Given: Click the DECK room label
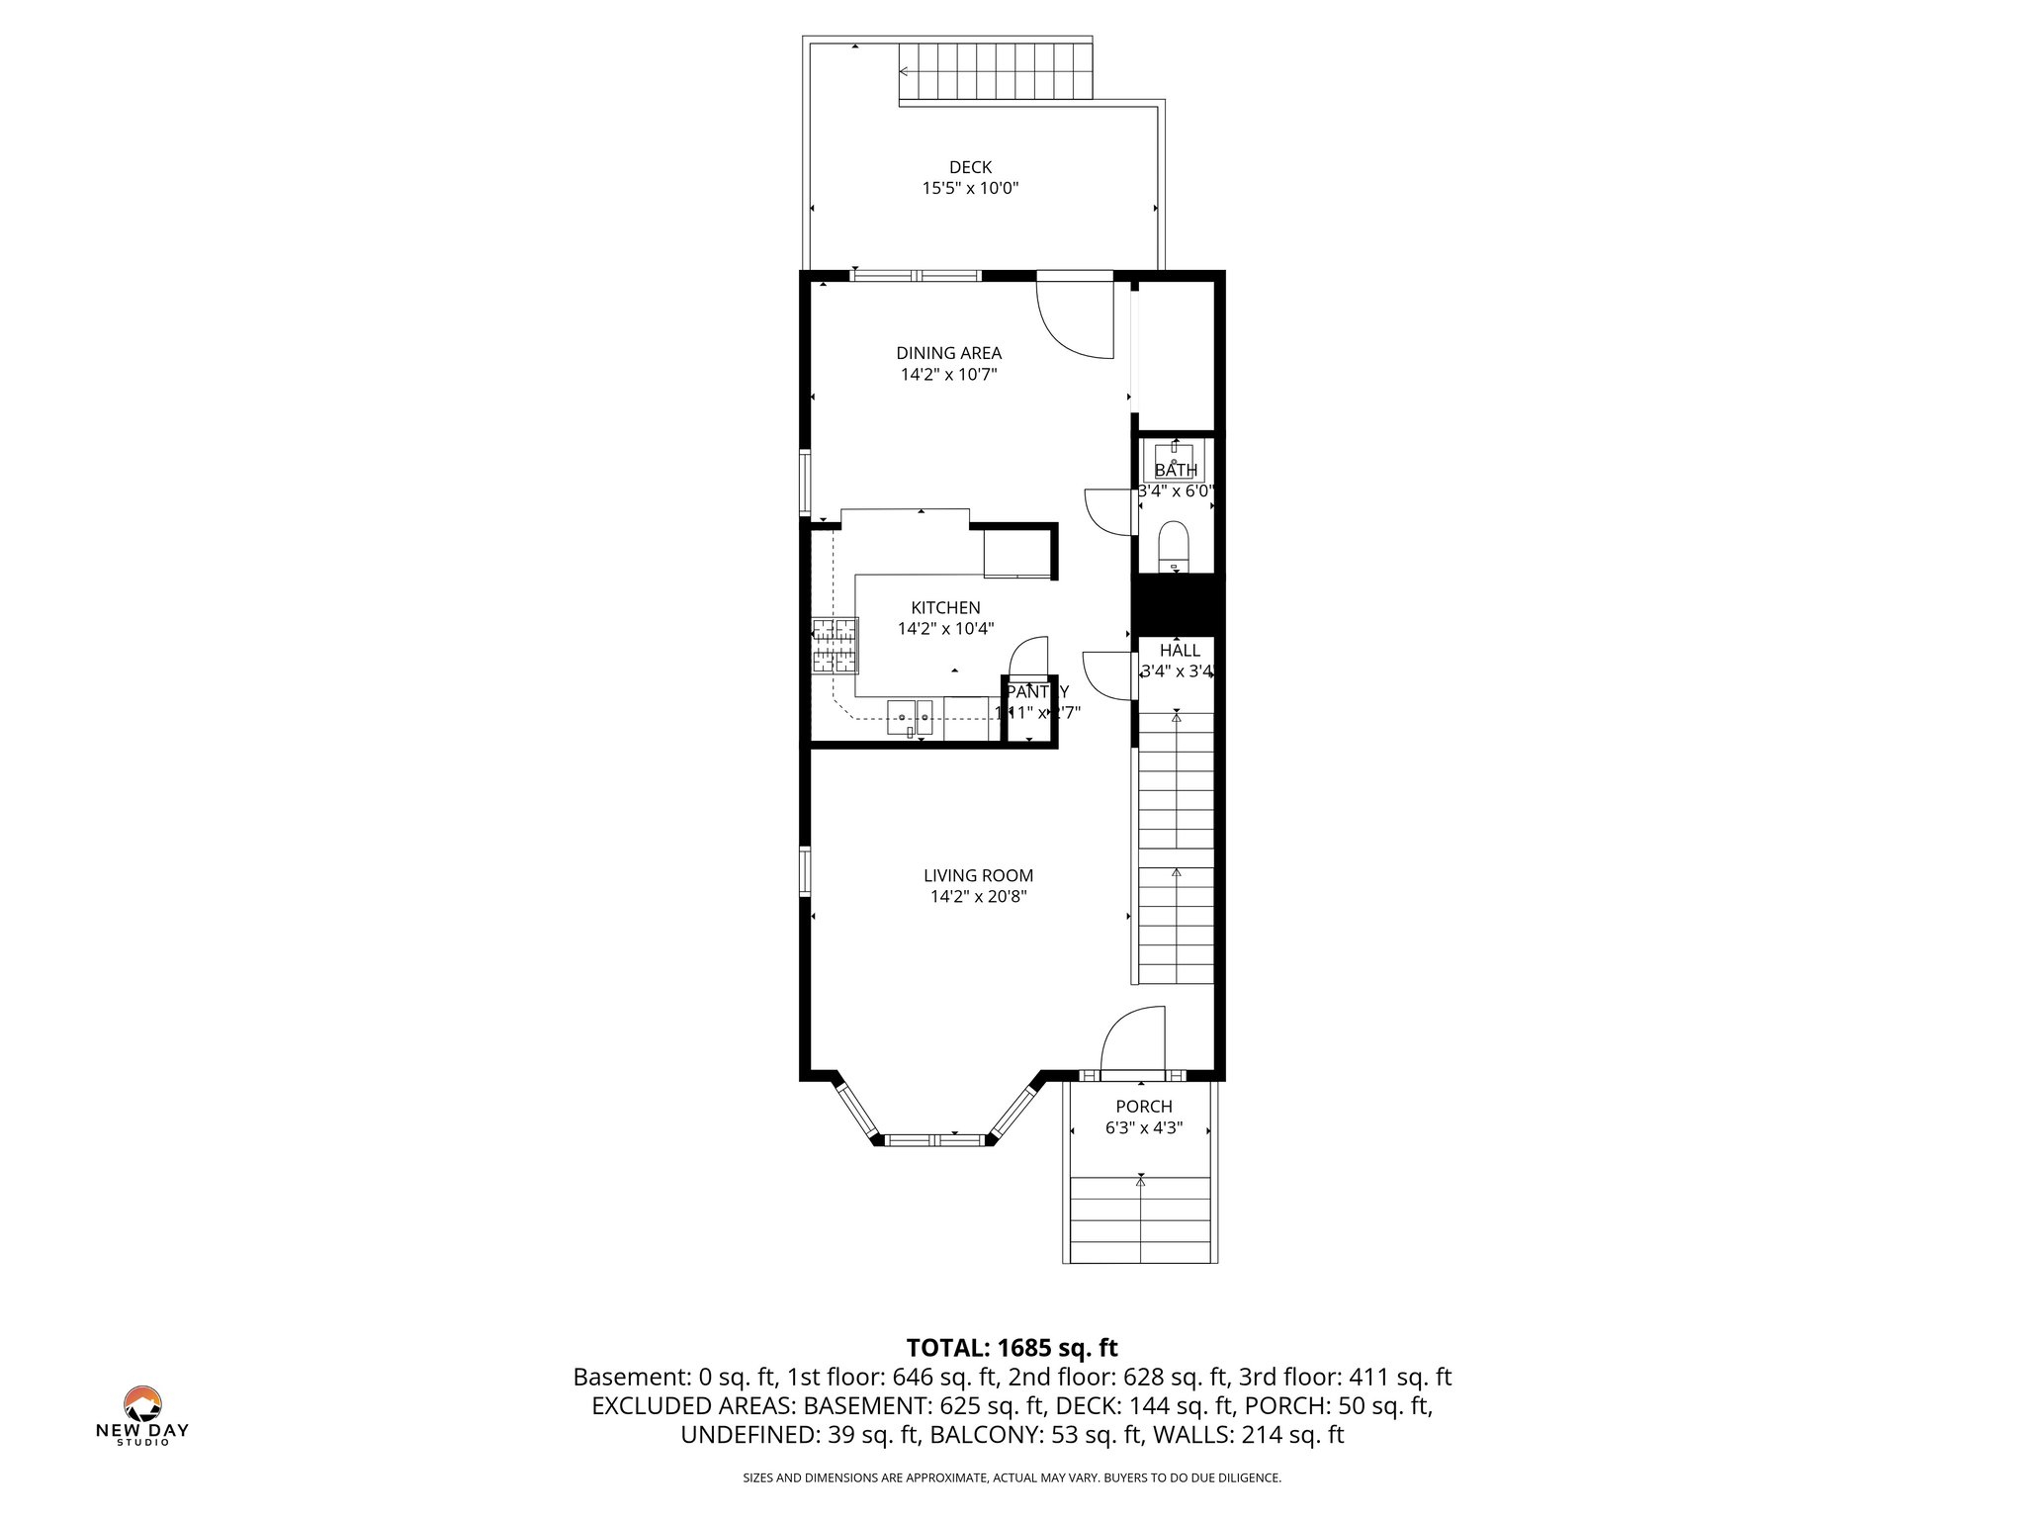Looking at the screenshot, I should point(970,167).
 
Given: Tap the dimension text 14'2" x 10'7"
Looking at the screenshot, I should point(948,375).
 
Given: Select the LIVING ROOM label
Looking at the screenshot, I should point(978,875).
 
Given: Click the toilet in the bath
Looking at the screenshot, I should point(1174,545).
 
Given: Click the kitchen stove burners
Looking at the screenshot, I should point(835,645).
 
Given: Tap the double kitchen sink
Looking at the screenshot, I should point(911,716).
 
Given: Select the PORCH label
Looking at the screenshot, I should point(1144,1107).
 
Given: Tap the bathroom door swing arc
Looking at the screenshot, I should point(1107,511).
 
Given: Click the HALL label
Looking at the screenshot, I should point(1180,650).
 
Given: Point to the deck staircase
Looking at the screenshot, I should point(994,71).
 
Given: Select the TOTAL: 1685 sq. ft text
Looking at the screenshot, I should point(1012,1347).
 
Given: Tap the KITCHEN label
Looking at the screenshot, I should point(945,607).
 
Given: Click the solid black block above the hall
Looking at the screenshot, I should point(1178,603).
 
